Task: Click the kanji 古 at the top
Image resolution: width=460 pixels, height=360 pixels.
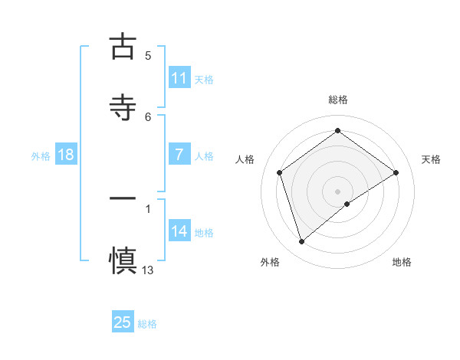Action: click(x=123, y=46)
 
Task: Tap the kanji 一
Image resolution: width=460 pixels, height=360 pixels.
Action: click(x=123, y=198)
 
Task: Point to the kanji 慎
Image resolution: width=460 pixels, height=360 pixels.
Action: click(x=123, y=259)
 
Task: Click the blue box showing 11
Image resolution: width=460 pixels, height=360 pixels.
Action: click(x=179, y=78)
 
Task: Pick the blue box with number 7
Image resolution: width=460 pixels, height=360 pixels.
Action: click(x=179, y=155)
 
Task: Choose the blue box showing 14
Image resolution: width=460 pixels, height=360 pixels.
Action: click(x=179, y=231)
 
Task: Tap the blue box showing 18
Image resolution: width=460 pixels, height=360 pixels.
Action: click(x=66, y=155)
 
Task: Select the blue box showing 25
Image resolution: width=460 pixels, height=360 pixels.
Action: click(x=123, y=322)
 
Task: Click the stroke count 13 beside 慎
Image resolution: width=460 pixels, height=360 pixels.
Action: click(x=148, y=270)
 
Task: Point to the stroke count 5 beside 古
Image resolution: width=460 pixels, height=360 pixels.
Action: click(x=148, y=56)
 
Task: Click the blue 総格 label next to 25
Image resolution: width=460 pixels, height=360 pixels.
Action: click(x=147, y=324)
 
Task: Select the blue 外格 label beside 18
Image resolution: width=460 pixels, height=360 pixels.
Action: click(x=41, y=156)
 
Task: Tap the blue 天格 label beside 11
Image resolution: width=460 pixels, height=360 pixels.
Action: click(x=204, y=80)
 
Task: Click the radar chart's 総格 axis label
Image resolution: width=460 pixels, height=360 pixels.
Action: click(x=338, y=100)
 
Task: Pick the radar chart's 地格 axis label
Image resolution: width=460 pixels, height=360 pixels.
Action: click(x=402, y=262)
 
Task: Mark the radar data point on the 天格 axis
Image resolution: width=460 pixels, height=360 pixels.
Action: click(x=396, y=172)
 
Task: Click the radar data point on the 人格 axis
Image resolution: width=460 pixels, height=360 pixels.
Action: click(x=280, y=172)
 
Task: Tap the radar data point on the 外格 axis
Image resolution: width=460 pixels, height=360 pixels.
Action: click(x=301, y=242)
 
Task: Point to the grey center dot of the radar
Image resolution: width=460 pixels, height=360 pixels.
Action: click(x=338, y=191)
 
